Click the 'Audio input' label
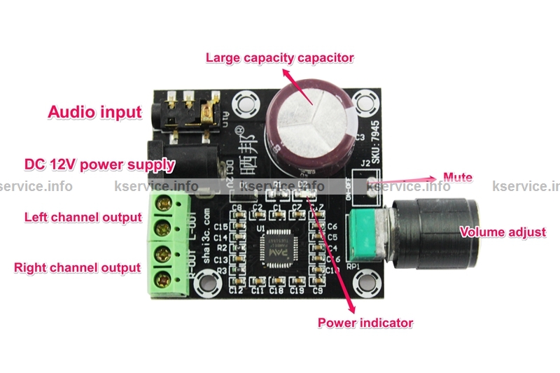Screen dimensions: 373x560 94,111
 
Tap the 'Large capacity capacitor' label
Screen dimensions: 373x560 279,57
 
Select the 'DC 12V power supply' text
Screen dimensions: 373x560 99,165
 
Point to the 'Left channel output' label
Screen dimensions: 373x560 83,217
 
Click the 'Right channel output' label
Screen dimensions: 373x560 77,267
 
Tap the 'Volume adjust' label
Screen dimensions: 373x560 502,232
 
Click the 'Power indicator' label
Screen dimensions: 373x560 365,323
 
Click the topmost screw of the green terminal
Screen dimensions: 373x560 167,203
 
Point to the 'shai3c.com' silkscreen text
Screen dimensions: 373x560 208,239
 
